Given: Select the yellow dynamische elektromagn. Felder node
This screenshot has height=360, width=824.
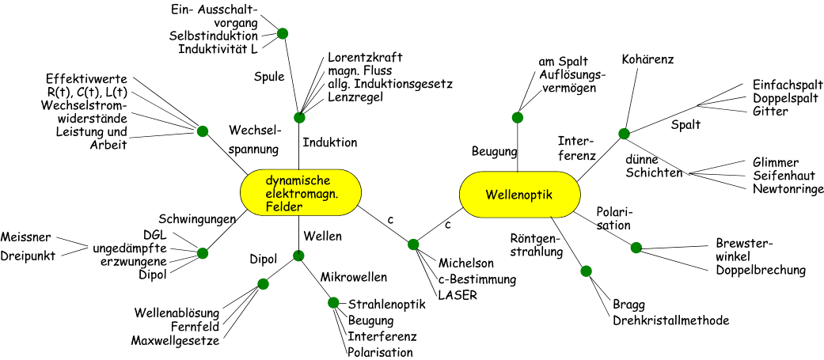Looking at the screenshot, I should point(301,192).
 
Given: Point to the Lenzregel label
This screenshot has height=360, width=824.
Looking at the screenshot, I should point(355,97).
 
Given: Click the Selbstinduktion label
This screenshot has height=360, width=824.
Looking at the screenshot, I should point(213,36).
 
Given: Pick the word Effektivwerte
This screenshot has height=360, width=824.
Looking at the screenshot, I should point(87,79).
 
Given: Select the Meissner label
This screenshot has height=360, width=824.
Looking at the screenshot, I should point(26,237).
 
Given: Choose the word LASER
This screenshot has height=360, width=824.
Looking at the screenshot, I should point(457,295).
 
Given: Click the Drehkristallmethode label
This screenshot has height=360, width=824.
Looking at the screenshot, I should point(671,320).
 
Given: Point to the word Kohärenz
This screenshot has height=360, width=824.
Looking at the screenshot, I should point(647,59).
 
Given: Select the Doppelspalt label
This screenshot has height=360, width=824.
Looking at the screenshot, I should point(787,99).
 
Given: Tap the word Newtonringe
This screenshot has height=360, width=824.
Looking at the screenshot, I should point(788,189).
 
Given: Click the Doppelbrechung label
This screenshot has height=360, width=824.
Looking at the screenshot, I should point(761,271).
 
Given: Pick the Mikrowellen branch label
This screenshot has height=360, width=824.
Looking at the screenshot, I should point(354,277).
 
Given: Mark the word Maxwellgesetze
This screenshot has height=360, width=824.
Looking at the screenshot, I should point(176,341).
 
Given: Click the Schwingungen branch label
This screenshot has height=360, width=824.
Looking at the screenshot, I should point(197,219).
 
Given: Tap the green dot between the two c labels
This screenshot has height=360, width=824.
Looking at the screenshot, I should point(413,244).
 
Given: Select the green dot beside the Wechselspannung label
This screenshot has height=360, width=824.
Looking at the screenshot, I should point(203,131).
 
